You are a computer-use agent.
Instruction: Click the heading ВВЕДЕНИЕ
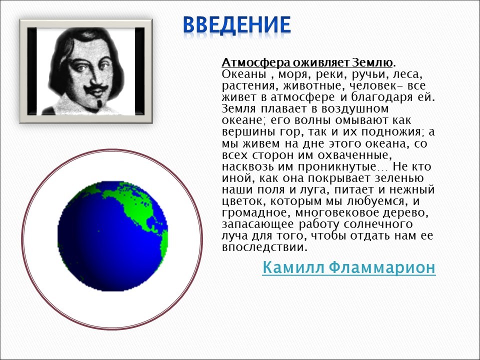[236, 25]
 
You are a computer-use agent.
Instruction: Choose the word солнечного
[378, 224]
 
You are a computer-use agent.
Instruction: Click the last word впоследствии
[264, 247]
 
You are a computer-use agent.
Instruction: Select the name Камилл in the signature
[293, 267]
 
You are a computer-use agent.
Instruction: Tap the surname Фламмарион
[382, 267]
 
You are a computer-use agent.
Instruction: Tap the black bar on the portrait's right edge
[139, 71]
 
